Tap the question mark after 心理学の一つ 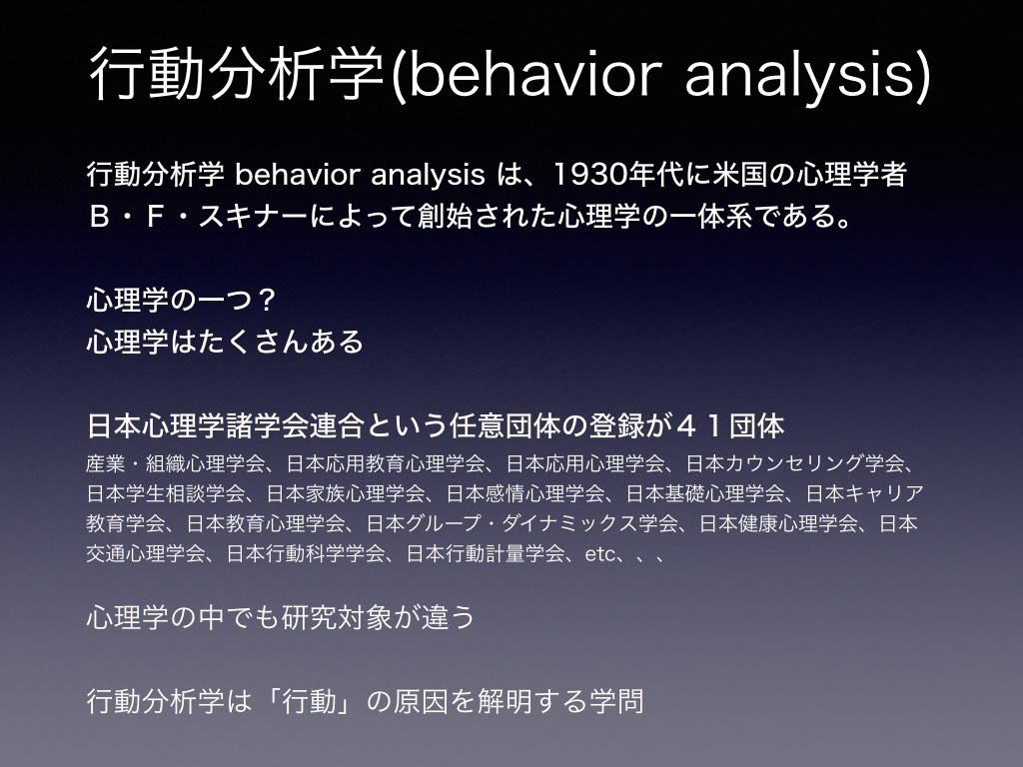coord(265,300)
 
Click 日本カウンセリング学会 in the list coord(795,463)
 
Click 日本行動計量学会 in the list coord(486,553)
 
